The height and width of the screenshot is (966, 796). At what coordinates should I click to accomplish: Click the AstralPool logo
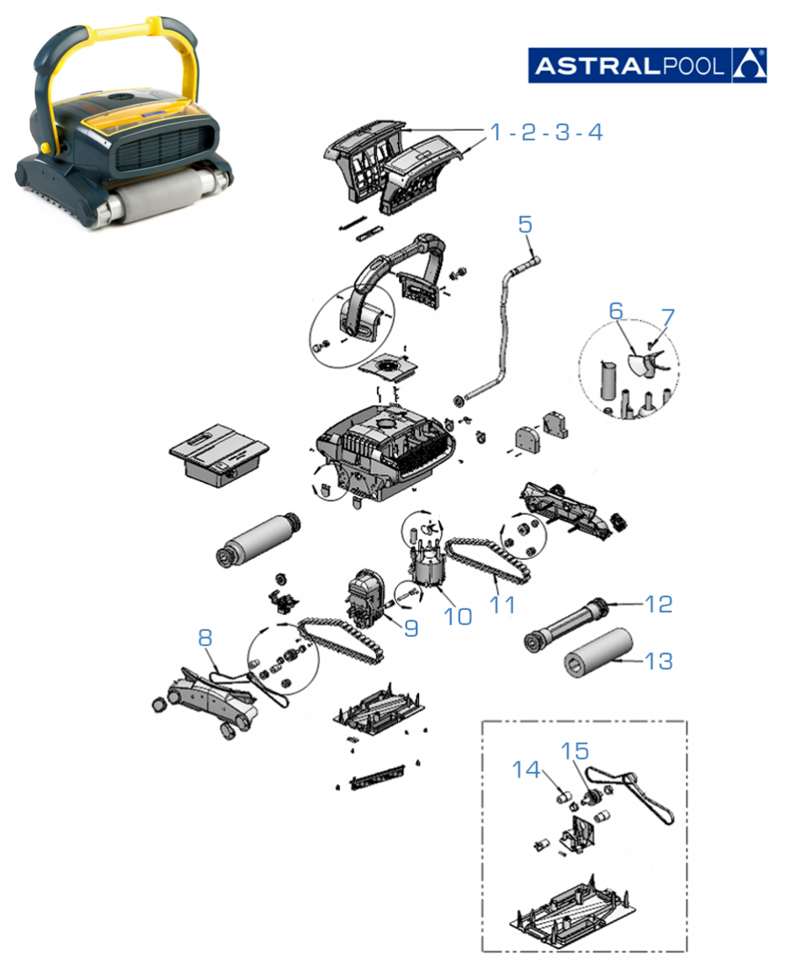[x=646, y=64]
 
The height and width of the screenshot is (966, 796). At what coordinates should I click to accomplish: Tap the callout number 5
[x=525, y=225]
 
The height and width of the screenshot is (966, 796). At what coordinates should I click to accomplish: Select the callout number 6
[x=616, y=310]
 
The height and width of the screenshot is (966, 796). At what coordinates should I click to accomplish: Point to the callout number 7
[x=667, y=317]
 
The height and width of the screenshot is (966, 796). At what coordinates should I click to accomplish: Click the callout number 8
[x=204, y=638]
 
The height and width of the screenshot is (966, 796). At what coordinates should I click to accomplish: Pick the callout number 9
[x=410, y=628]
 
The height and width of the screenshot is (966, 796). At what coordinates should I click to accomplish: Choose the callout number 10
[x=458, y=616]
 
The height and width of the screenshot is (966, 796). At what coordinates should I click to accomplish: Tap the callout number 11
[x=506, y=603]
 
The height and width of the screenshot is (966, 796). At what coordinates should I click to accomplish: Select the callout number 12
[x=659, y=603]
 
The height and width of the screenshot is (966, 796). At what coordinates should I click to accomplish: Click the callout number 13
[x=659, y=661]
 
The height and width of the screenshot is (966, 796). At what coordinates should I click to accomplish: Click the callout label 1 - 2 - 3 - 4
[x=547, y=132]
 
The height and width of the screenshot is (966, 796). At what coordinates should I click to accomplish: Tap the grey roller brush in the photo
[x=160, y=196]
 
